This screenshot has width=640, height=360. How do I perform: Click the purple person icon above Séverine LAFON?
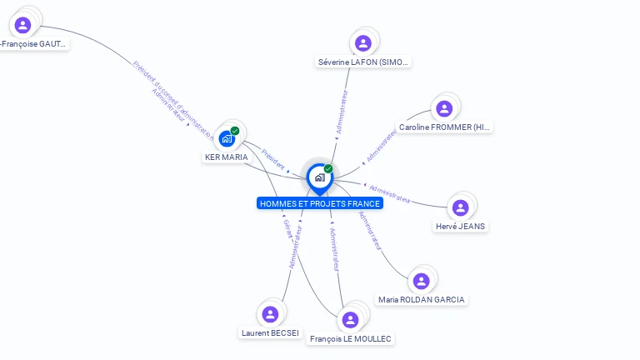(x=362, y=43)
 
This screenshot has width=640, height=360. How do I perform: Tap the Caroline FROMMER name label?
(x=445, y=127)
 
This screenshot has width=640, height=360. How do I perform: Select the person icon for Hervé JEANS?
(x=461, y=207)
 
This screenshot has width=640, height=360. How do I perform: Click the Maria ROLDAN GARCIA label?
(x=421, y=299)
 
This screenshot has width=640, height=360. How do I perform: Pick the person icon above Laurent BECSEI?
(x=270, y=314)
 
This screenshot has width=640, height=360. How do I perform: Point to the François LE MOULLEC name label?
(x=351, y=338)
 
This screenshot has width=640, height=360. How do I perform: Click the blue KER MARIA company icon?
(x=227, y=138)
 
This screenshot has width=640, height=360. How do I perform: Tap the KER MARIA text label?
(x=227, y=157)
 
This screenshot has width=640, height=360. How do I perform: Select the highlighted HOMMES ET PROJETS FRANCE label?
(x=320, y=203)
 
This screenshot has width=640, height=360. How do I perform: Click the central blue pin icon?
(x=319, y=177)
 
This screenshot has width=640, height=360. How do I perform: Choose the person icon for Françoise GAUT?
(x=23, y=25)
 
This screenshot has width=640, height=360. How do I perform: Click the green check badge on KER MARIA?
(x=235, y=131)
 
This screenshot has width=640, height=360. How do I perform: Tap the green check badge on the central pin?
(x=328, y=169)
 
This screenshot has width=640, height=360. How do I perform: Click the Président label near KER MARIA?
(x=272, y=158)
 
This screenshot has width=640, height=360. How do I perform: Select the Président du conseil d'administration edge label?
(x=172, y=98)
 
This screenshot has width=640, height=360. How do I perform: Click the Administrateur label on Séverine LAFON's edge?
(x=342, y=112)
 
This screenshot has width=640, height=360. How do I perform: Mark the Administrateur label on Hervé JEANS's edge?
(x=389, y=193)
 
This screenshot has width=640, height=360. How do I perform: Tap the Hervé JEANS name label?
(x=461, y=226)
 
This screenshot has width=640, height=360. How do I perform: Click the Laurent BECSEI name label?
(x=270, y=332)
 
